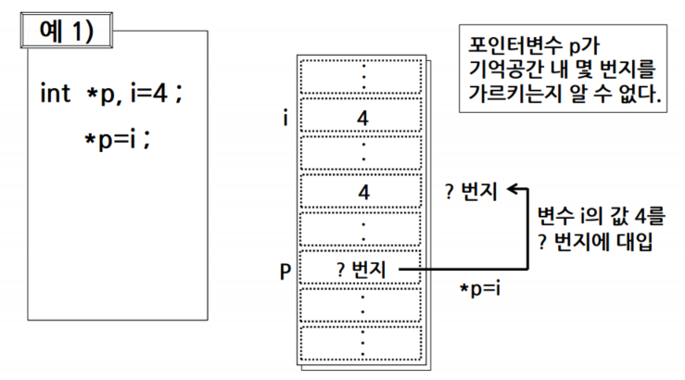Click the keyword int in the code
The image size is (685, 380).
coord(56,94)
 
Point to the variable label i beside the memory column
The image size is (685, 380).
coord(287,118)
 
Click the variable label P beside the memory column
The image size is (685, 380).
coord(286,271)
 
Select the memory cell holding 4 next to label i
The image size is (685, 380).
coord(362,118)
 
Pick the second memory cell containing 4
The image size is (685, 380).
coord(362,193)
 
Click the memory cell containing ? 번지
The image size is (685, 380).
coord(362,270)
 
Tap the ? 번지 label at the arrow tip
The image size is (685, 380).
coord(472,193)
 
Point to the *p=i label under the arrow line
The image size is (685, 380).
coord(480,289)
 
